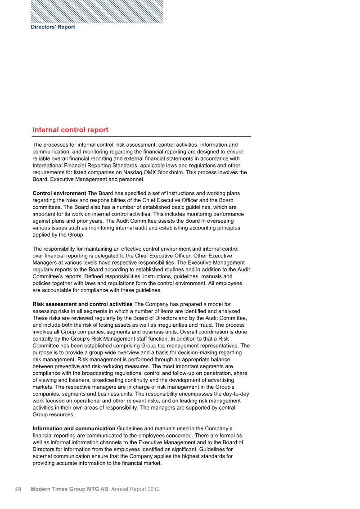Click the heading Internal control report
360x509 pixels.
tap(70, 130)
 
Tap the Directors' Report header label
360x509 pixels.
tap(53, 27)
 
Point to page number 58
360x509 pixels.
tap(18, 489)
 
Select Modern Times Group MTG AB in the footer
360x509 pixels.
tap(70, 489)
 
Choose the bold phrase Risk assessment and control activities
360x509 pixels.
tap(82, 305)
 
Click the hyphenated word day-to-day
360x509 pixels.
tap(235, 394)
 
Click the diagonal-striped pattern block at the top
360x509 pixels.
tap(97, 12)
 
